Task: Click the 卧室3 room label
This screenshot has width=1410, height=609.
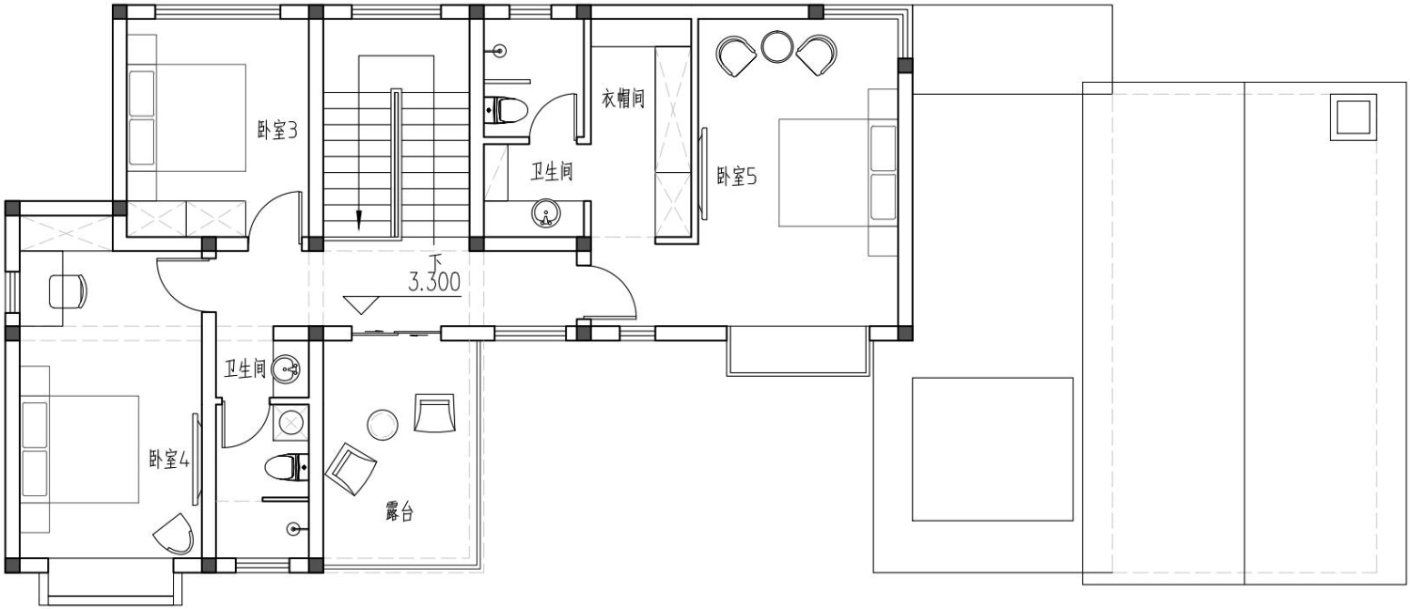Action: tap(277, 131)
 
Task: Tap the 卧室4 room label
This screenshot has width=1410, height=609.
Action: tap(169, 460)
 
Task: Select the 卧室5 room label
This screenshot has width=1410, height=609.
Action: tap(737, 176)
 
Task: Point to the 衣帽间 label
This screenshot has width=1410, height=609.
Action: tap(623, 98)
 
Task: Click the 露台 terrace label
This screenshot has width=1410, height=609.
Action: tap(399, 511)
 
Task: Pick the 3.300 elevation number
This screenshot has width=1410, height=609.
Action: tap(433, 283)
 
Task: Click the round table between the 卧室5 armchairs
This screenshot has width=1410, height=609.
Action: tap(776, 46)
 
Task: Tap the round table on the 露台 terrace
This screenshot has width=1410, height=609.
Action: tap(382, 425)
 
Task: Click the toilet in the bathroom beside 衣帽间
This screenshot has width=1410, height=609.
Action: tap(507, 109)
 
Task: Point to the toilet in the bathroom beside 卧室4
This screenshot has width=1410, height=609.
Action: tap(287, 467)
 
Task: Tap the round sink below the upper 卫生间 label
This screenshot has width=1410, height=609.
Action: tap(546, 213)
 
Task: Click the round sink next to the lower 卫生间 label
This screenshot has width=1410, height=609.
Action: tap(287, 368)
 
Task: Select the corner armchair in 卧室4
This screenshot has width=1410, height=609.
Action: tap(174, 534)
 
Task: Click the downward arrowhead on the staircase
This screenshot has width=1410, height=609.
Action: tap(359, 219)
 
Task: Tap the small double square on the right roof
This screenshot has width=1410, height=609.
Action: tap(1353, 117)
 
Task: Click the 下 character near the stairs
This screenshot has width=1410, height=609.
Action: tap(435, 260)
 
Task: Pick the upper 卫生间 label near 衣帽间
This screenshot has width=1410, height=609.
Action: tap(552, 171)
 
